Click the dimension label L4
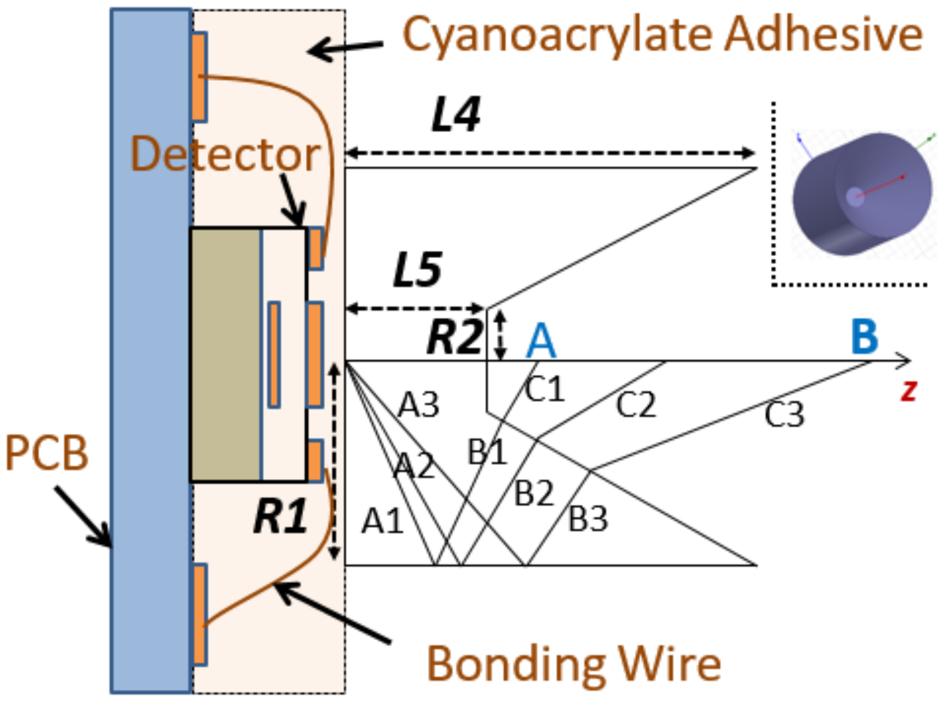coord(456,115)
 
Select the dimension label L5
coord(417,270)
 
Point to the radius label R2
coord(454,337)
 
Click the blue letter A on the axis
coord(541,341)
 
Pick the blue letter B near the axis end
coord(864,336)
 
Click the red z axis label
coord(908,390)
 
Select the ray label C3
coord(784,414)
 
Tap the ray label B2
coord(534,494)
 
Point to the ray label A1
coord(382,522)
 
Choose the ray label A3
coord(418,405)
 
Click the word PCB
coord(46,453)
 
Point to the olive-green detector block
coord(225,355)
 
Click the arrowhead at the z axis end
coord(905,361)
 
